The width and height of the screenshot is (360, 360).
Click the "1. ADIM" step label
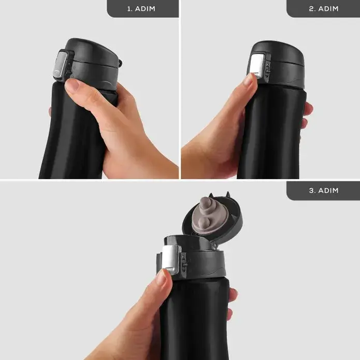click(x=141, y=9)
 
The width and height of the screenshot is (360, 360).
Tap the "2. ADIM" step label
click(x=324, y=9)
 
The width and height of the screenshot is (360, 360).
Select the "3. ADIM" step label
click(x=324, y=191)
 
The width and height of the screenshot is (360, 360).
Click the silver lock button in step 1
click(x=60, y=65)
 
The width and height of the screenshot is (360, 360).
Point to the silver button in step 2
click(x=257, y=65)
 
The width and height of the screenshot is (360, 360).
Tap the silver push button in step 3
click(x=171, y=260)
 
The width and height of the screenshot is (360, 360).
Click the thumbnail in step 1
click(x=73, y=85)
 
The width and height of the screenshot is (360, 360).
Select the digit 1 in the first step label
click(x=129, y=9)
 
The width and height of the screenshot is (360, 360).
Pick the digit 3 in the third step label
click(x=311, y=191)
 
